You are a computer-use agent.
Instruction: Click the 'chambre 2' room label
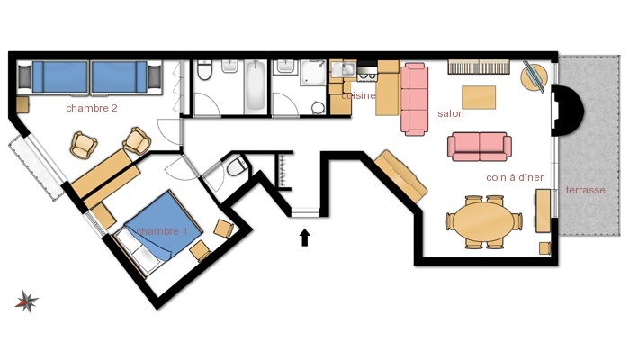[x=92, y=108]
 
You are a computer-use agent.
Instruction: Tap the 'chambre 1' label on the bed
[x=162, y=231]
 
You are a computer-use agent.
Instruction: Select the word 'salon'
[x=451, y=113]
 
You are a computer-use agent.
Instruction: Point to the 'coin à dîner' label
[x=515, y=177]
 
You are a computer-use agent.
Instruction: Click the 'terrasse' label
[x=585, y=190]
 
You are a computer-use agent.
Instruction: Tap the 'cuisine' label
[x=359, y=95]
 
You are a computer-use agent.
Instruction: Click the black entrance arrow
[x=305, y=238]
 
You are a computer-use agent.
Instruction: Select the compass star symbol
[x=27, y=301]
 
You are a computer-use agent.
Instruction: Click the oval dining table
[x=484, y=221]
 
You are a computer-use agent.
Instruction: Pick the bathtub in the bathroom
[x=255, y=86]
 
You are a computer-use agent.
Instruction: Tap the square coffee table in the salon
[x=479, y=97]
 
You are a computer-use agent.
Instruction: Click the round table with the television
[x=535, y=76]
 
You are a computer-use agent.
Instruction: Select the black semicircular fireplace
[x=567, y=110]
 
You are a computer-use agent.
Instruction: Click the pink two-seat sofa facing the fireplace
[x=480, y=147]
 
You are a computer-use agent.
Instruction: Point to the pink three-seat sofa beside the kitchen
[x=414, y=99]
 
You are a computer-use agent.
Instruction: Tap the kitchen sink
[x=344, y=69]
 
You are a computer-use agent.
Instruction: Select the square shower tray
[x=313, y=73]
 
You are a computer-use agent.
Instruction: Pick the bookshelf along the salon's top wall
[x=479, y=67]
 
